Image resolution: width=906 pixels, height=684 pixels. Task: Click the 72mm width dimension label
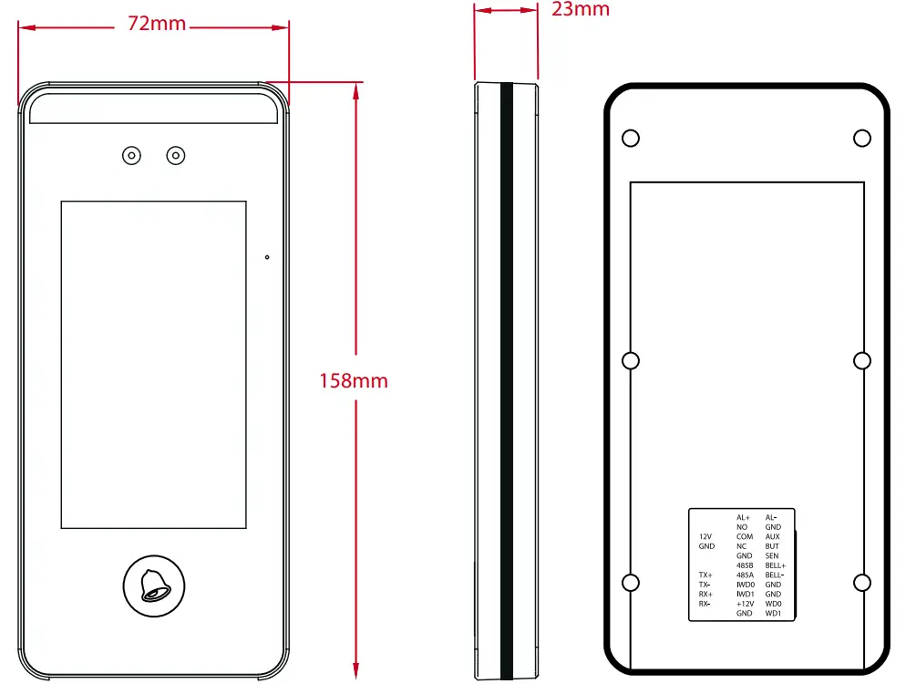[x=156, y=25]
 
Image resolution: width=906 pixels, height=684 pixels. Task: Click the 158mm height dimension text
[x=354, y=380]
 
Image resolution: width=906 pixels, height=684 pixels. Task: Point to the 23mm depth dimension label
[x=581, y=10]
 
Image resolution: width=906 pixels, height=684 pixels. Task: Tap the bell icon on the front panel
[x=153, y=584]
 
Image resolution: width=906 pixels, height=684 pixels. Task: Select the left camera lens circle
[x=132, y=156]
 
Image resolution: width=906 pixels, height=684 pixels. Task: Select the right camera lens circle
[x=176, y=156]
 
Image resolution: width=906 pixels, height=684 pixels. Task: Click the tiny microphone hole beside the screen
[x=267, y=257]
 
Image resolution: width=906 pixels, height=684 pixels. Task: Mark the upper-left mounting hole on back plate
[x=630, y=138]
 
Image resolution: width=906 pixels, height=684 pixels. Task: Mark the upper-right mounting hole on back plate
[x=862, y=138]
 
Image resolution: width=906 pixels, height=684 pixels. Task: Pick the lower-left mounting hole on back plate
[x=630, y=583]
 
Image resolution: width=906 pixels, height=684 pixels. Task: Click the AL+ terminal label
[x=744, y=518]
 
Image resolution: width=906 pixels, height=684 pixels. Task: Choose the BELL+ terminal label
[x=776, y=566]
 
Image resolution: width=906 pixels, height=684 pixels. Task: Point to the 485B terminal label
[x=744, y=566]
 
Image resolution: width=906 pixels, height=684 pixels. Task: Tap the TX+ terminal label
[x=705, y=575]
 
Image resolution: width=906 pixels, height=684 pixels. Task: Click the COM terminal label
[x=744, y=537]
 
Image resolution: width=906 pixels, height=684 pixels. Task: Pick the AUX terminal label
[x=773, y=537]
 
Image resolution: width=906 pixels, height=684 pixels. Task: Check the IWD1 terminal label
[x=744, y=595]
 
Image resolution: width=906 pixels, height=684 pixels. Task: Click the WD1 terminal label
[x=773, y=614]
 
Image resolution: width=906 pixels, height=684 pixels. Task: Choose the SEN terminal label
[x=772, y=556]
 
